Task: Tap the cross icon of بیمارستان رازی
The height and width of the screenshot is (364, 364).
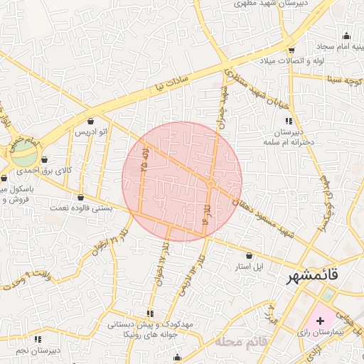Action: point(319,321)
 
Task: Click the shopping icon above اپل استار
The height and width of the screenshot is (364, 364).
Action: point(249,255)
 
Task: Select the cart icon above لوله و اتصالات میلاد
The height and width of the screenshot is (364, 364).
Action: point(291,50)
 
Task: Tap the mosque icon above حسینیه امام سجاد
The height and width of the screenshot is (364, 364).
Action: point(346,36)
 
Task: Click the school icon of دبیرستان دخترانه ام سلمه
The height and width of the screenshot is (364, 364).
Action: point(288,119)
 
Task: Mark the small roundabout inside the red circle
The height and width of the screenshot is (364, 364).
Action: point(211,184)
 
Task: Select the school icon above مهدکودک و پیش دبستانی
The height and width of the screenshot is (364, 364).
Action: point(149,313)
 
